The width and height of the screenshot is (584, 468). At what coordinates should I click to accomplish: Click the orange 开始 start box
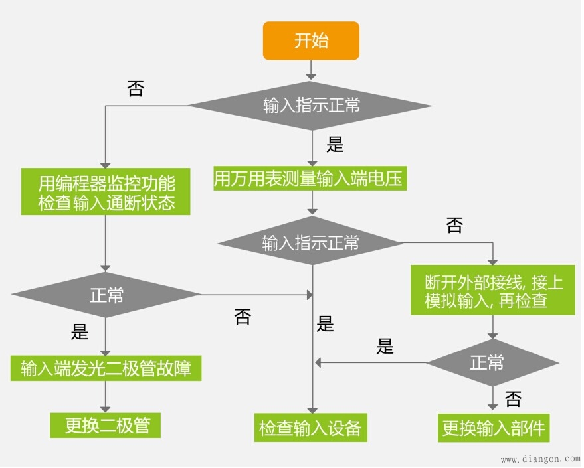click(311, 40)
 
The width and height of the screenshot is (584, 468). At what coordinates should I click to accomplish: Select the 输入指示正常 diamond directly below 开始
click(311, 105)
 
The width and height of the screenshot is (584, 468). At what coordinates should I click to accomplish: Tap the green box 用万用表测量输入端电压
click(309, 179)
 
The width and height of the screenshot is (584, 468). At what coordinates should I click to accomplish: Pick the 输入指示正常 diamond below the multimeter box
click(310, 242)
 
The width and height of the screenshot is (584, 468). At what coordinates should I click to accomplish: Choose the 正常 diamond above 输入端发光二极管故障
click(106, 295)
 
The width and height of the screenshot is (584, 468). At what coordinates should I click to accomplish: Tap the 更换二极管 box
click(105, 425)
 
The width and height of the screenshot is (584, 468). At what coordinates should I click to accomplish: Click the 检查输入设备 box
click(310, 428)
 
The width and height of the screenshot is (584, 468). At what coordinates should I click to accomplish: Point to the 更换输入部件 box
click(493, 428)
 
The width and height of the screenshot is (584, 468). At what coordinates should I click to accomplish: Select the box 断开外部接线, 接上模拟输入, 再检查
click(493, 291)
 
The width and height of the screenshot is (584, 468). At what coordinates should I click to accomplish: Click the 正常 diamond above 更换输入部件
click(492, 362)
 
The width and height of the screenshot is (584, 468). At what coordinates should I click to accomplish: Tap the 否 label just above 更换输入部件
click(512, 399)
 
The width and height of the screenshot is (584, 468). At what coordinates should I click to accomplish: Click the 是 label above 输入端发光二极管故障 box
click(79, 331)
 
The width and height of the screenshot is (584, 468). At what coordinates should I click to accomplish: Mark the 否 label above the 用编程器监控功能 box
click(135, 89)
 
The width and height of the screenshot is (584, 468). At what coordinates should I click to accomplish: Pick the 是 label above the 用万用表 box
click(336, 145)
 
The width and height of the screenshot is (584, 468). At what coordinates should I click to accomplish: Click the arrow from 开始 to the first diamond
click(311, 68)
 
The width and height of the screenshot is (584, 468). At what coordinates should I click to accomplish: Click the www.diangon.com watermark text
click(539, 459)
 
